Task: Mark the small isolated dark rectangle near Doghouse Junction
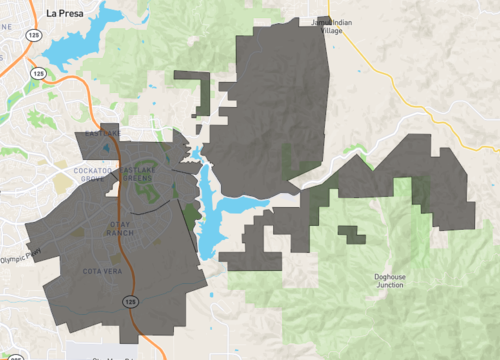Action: (x=351, y=235)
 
